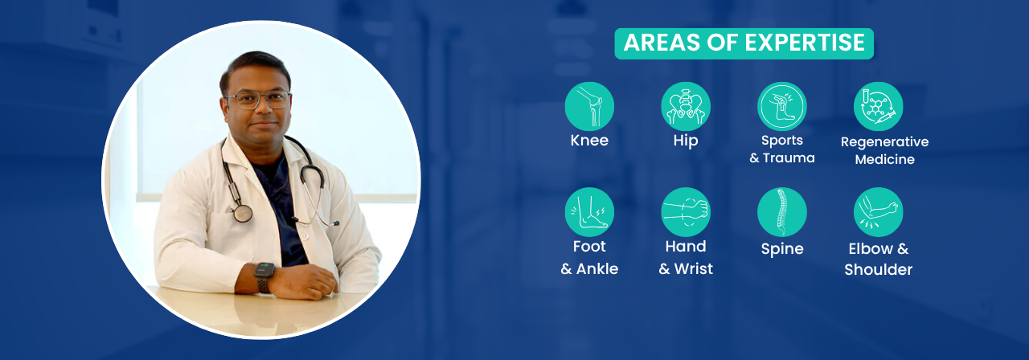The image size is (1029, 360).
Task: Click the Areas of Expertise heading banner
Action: (x=744, y=43)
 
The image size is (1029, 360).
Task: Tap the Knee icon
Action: (x=589, y=106)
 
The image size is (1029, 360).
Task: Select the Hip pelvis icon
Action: (x=686, y=106)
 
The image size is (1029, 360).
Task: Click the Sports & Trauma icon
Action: (x=782, y=106)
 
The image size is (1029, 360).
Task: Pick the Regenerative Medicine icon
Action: (x=878, y=106)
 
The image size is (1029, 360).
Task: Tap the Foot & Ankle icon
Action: (x=589, y=212)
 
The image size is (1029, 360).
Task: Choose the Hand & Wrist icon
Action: (x=686, y=212)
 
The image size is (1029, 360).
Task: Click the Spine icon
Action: (x=782, y=212)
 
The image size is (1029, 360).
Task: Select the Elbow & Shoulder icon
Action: (x=878, y=212)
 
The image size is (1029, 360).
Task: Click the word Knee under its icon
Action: (x=589, y=141)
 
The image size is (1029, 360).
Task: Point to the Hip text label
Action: (x=686, y=141)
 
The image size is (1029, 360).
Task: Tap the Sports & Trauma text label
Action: (x=782, y=149)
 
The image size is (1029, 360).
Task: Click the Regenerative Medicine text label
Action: (x=884, y=150)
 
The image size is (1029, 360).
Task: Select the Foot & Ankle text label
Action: (x=589, y=258)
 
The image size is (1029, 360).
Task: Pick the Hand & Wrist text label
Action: (x=686, y=258)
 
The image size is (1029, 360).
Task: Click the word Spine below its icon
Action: (x=782, y=249)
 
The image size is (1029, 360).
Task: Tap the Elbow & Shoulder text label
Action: (x=878, y=259)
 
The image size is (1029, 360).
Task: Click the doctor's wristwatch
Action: (x=264, y=276)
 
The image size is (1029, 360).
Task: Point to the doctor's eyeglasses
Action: (x=257, y=100)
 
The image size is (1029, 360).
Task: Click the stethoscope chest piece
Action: (x=242, y=212)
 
